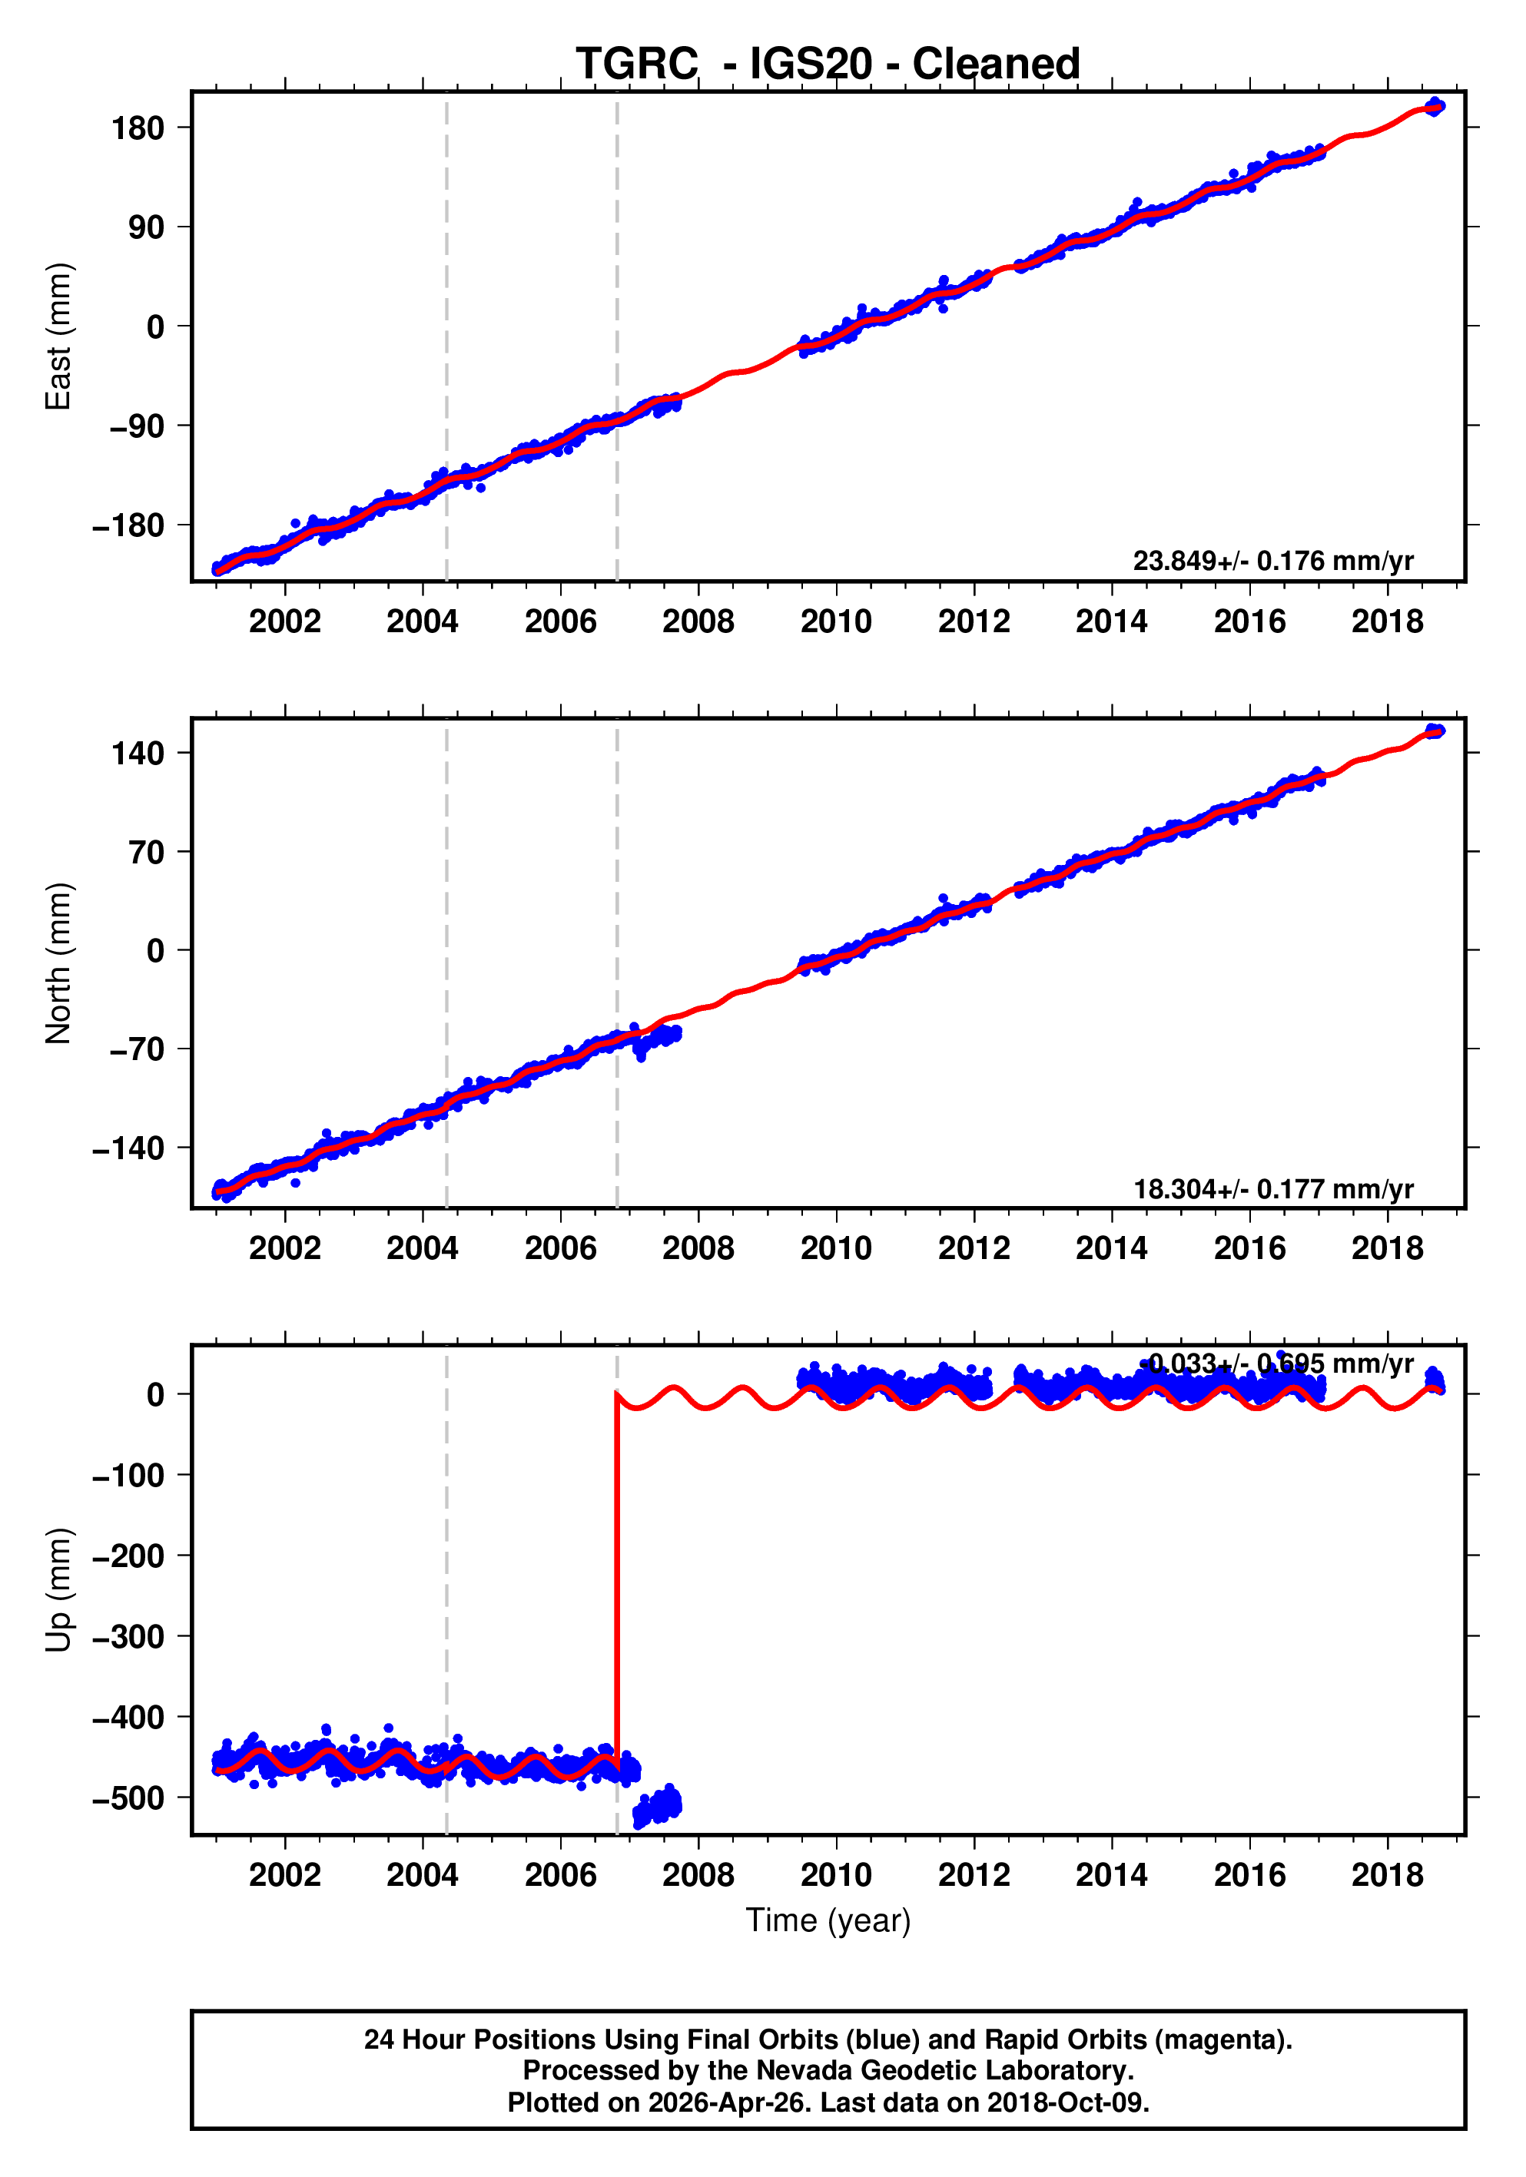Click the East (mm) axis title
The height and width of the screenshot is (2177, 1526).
(59, 336)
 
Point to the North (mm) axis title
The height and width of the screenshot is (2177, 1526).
(59, 963)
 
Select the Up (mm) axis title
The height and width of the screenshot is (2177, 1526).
(59, 1590)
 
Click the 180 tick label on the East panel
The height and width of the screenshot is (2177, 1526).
(138, 128)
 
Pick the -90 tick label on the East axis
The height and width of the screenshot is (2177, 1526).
(136, 426)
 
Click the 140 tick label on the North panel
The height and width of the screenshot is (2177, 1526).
(138, 754)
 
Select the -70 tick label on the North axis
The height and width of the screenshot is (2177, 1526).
(136, 1049)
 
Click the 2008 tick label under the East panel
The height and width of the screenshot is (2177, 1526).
(698, 622)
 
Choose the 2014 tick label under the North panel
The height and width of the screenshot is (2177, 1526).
(1112, 1249)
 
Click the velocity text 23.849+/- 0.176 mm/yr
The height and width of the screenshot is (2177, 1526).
(1272, 562)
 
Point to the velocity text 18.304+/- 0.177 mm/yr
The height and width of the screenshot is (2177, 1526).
(1272, 1189)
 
